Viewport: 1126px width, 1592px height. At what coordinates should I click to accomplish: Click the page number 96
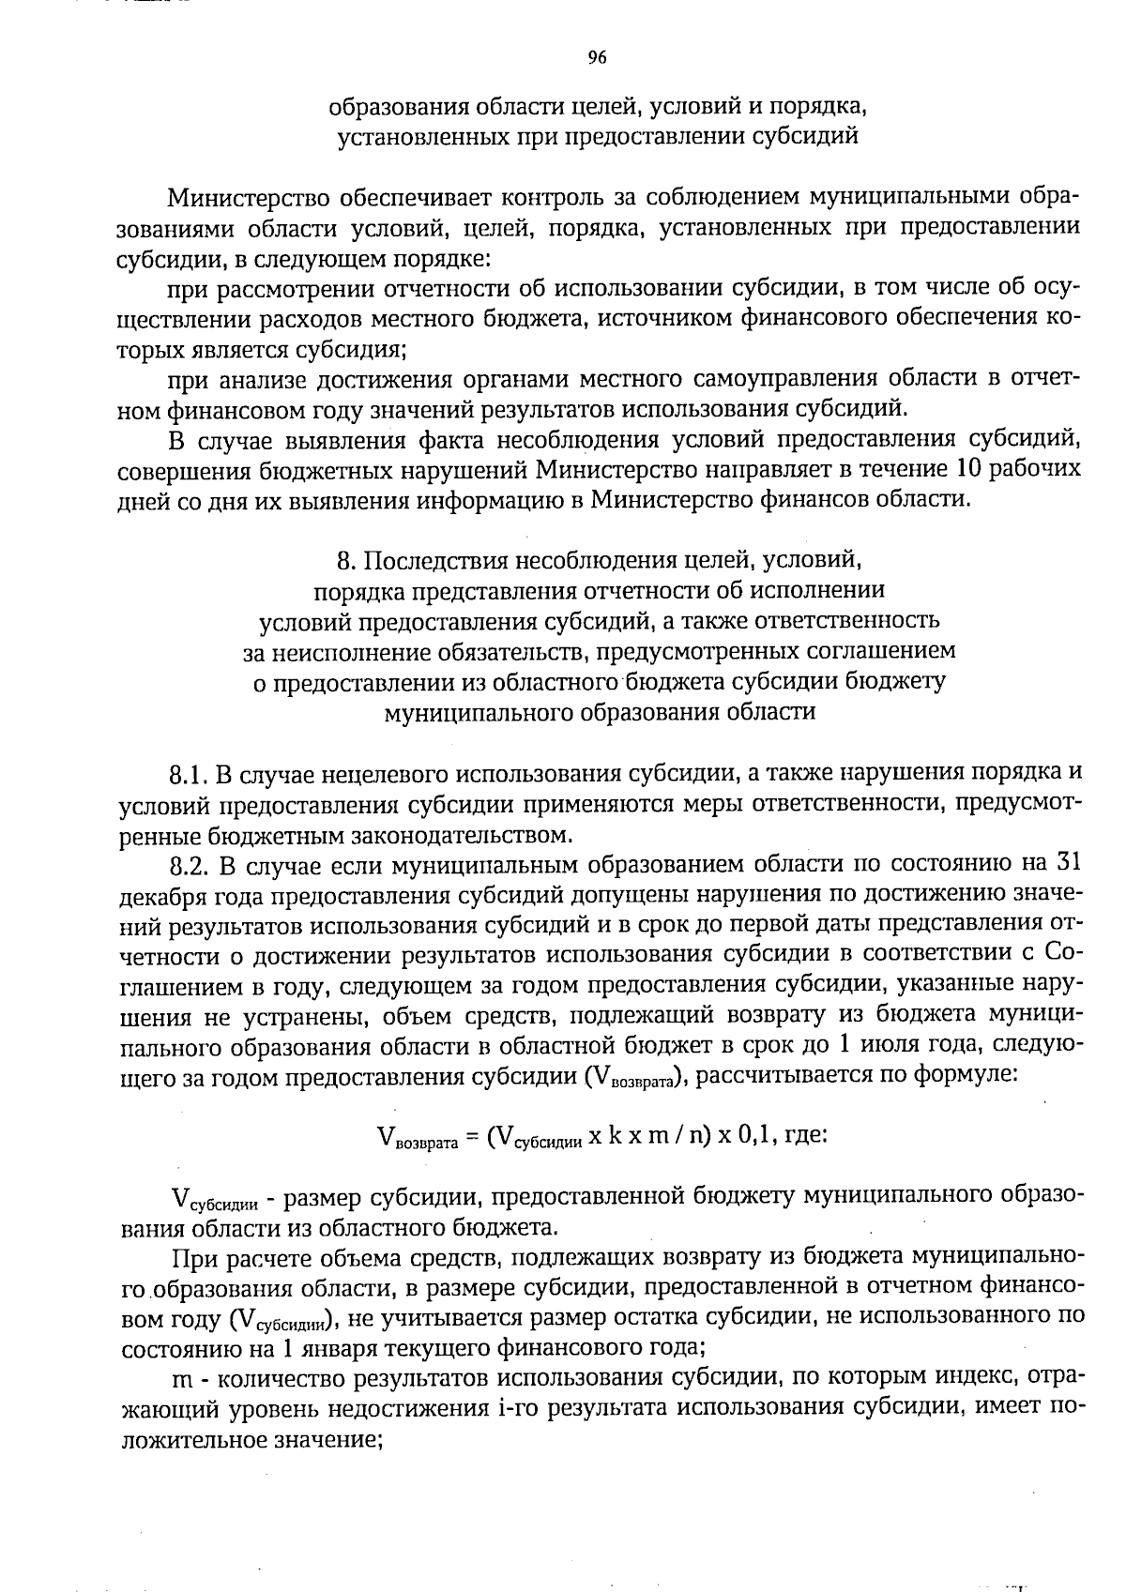[x=597, y=58]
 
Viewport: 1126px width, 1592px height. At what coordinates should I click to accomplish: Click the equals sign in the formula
[x=472, y=1137]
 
